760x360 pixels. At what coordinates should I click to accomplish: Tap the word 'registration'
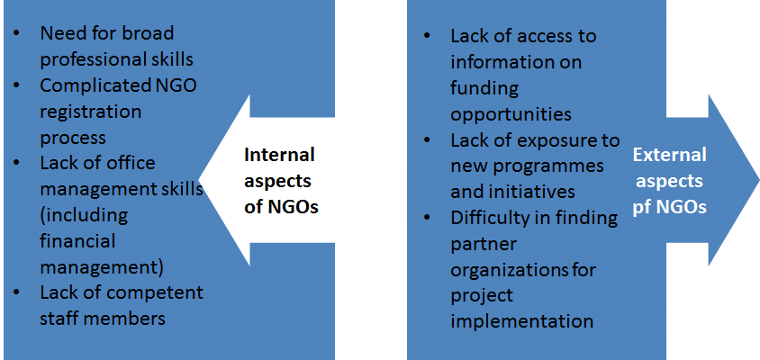click(91, 112)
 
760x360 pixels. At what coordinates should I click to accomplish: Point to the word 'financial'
click(77, 240)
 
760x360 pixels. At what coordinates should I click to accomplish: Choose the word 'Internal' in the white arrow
click(279, 155)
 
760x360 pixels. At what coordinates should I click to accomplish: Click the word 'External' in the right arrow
click(670, 155)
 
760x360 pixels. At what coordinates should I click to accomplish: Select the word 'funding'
click(484, 89)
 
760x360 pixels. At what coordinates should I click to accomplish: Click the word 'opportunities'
click(511, 115)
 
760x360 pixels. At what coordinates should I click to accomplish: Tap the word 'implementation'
click(522, 321)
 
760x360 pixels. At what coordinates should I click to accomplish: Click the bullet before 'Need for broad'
click(17, 33)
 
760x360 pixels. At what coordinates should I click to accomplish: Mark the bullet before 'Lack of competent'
click(17, 293)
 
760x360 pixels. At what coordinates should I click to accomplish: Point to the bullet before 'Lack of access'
click(428, 36)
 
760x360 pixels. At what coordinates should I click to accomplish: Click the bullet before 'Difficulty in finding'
click(428, 218)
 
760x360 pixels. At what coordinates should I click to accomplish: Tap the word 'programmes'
click(548, 167)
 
